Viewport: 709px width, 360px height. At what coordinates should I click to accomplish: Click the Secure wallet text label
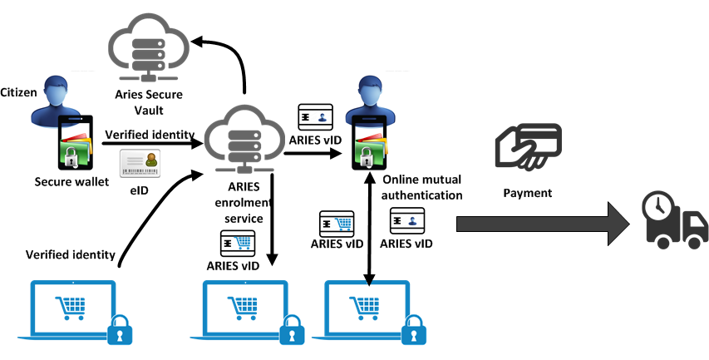pyautogui.click(x=72, y=181)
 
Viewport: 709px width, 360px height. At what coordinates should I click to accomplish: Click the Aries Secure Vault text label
pyautogui.click(x=149, y=102)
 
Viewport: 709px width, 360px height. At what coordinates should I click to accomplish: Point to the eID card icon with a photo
pyautogui.click(x=140, y=164)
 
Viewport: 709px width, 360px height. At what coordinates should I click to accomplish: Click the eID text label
pyautogui.click(x=139, y=190)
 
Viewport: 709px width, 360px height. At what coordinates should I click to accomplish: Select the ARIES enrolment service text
pyautogui.click(x=245, y=203)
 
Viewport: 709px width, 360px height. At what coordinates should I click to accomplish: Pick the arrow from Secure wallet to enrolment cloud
pyautogui.click(x=154, y=143)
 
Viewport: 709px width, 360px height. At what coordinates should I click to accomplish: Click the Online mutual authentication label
pyautogui.click(x=422, y=187)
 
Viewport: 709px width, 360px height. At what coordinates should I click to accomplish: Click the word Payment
pyautogui.click(x=527, y=193)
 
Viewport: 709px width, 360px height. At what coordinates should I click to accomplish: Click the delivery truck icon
pyautogui.click(x=674, y=219)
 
